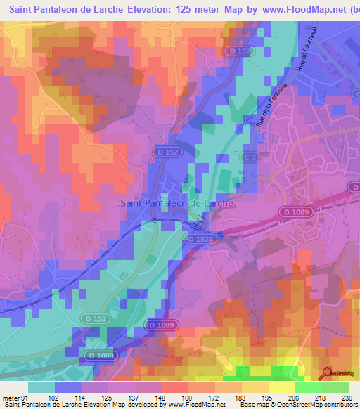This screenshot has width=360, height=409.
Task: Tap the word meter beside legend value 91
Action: (x=10, y=398)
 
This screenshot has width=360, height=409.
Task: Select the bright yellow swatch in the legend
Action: (x=281, y=387)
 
